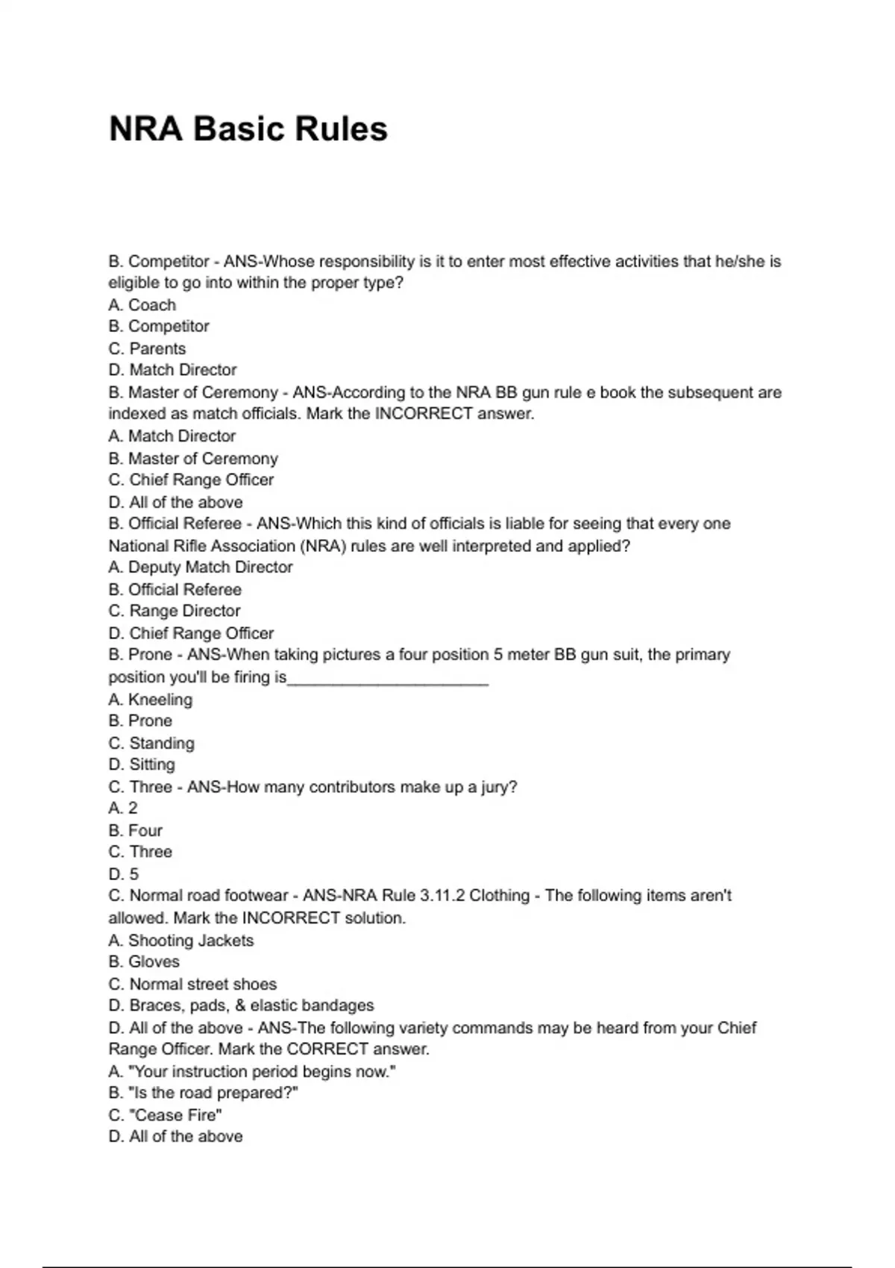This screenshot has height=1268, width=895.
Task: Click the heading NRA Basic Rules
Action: pyautogui.click(x=248, y=129)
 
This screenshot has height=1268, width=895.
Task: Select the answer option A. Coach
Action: pyautogui.click(x=142, y=305)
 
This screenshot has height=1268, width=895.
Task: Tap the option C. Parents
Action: pyautogui.click(x=147, y=348)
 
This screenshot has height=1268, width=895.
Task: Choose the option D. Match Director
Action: pyautogui.click(x=172, y=370)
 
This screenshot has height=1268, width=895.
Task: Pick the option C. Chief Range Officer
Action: pyautogui.click(x=191, y=480)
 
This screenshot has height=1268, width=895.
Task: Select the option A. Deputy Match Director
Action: pyautogui.click(x=200, y=568)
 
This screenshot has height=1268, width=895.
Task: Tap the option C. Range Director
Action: pyautogui.click(x=174, y=611)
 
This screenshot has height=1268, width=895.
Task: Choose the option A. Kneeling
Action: pyautogui.click(x=150, y=700)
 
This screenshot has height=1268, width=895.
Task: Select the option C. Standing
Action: pyautogui.click(x=151, y=743)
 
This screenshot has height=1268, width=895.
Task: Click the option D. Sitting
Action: pyautogui.click(x=142, y=765)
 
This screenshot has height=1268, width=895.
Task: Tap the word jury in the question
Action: pyautogui.click(x=498, y=787)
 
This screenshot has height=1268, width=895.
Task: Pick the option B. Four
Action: pyautogui.click(x=135, y=830)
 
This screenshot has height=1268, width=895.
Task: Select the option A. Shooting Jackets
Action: pyautogui.click(x=180, y=941)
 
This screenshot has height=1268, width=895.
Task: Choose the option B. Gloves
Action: pyautogui.click(x=144, y=962)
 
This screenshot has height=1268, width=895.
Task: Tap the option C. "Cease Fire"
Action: pyautogui.click(x=165, y=1115)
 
